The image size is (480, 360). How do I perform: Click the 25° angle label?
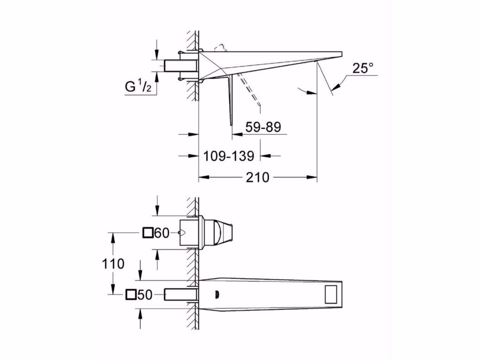[x=363, y=68]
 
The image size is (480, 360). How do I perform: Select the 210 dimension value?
[x=257, y=177]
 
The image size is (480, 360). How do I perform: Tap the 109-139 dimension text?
[x=228, y=156]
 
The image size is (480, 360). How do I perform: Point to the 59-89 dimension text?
[x=263, y=127]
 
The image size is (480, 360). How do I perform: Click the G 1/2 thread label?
[x=139, y=86]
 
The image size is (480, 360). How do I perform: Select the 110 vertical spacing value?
[x=113, y=263]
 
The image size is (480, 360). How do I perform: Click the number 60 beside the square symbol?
[x=162, y=233]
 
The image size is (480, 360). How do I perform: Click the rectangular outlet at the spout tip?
[x=332, y=293]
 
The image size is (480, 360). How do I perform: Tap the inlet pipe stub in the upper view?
[x=181, y=66]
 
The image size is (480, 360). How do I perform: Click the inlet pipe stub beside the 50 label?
[x=180, y=294]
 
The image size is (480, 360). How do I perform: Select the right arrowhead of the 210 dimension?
[x=312, y=177]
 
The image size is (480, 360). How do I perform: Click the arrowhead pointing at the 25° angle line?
[x=336, y=85]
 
